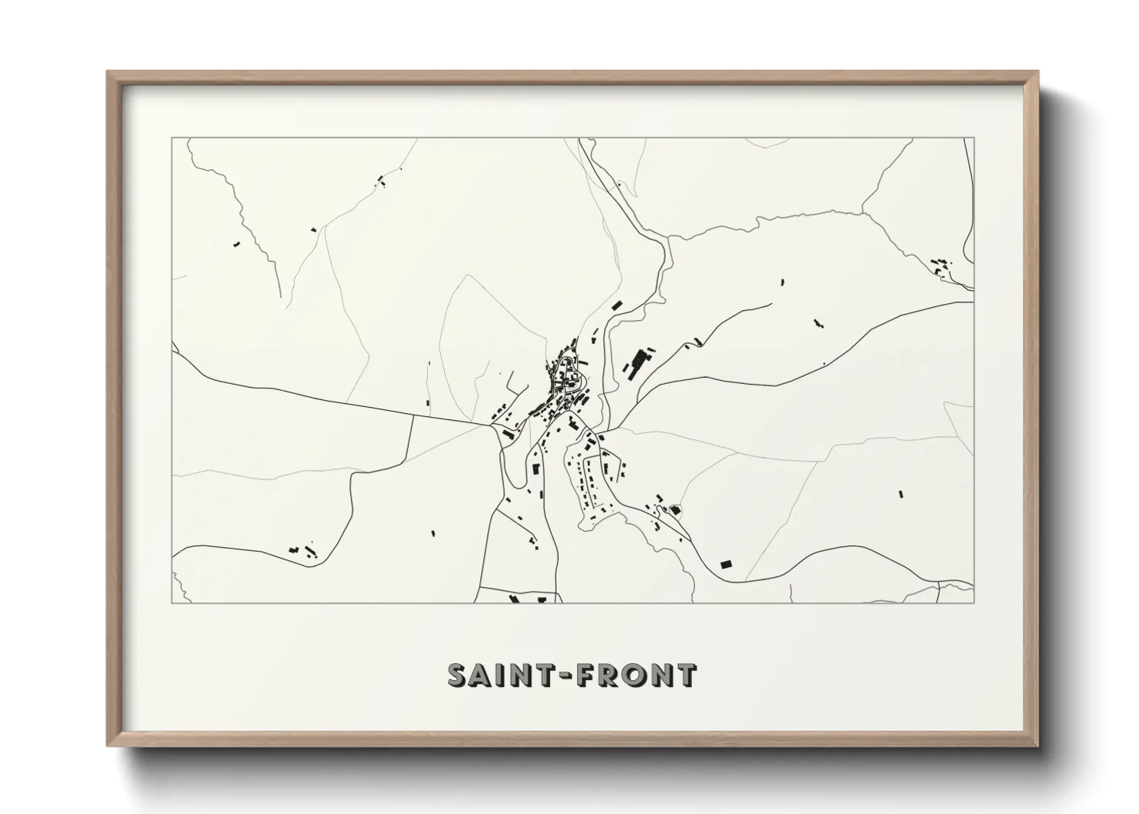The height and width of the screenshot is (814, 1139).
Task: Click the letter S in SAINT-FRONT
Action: (x=459, y=676)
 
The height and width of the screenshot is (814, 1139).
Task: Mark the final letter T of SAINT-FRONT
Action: (x=686, y=676)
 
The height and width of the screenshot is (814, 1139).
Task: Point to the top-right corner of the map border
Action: (x=974, y=138)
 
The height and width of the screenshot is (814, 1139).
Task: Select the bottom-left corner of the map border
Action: (x=172, y=602)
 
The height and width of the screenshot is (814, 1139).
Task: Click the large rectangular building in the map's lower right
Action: (x=725, y=564)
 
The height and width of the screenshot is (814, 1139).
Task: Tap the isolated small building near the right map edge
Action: (x=899, y=494)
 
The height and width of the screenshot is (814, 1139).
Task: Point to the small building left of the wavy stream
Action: (x=236, y=244)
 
